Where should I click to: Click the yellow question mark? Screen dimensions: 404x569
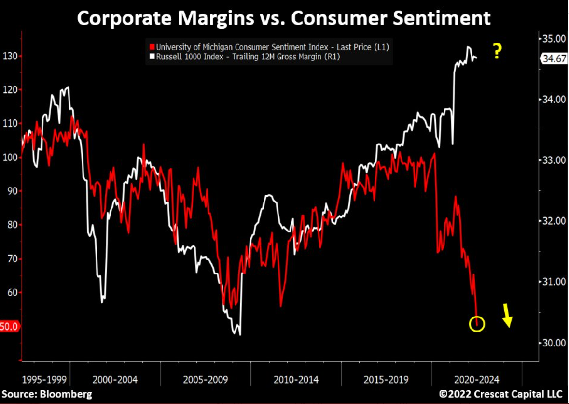(x=497, y=51)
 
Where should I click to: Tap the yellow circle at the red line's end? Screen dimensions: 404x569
(x=476, y=324)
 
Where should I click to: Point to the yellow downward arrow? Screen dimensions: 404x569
(x=507, y=316)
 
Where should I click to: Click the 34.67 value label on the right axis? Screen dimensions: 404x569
(x=552, y=58)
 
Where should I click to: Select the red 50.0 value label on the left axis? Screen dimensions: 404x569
(x=9, y=327)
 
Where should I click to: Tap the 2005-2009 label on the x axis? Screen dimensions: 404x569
(x=205, y=379)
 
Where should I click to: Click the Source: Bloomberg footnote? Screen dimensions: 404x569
(x=47, y=394)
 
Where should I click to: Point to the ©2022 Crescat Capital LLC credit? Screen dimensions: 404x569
(x=501, y=394)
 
